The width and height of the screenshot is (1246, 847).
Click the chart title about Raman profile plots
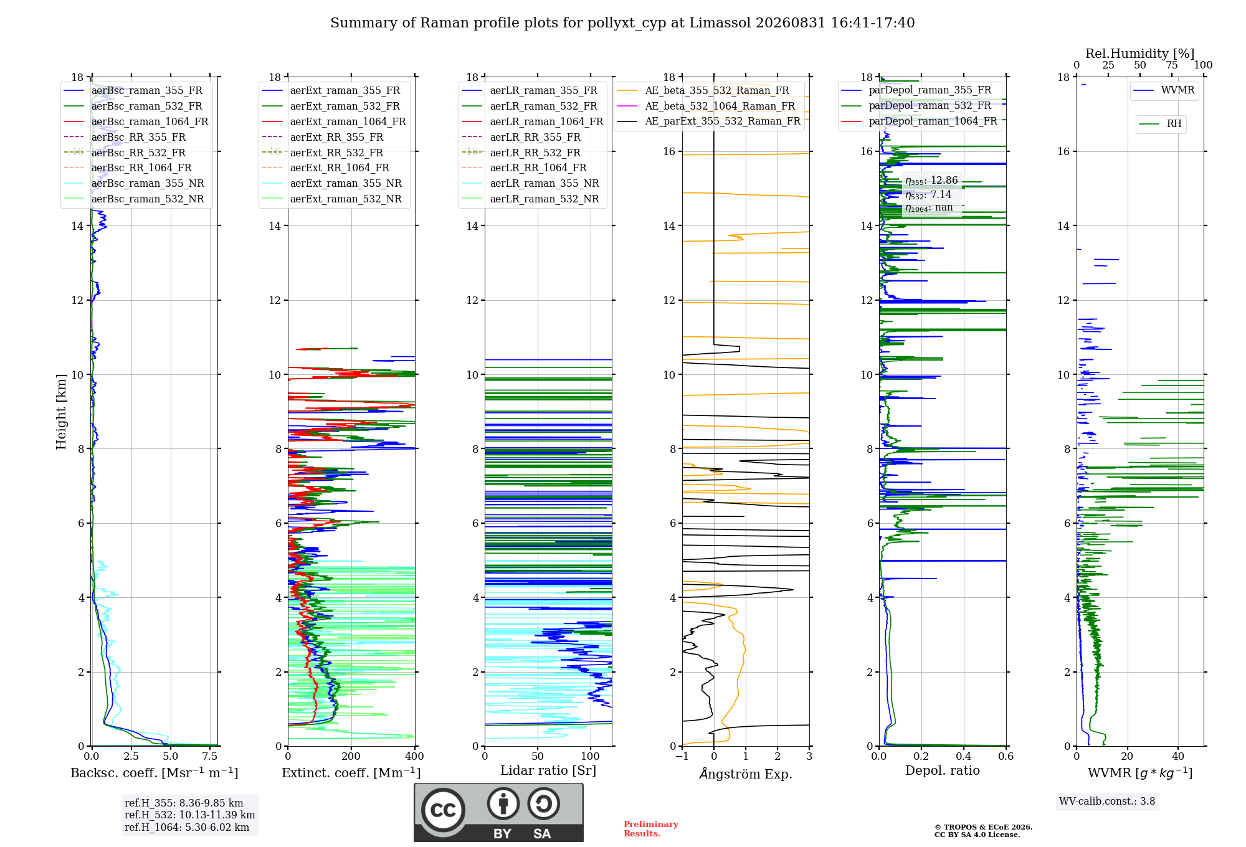622,23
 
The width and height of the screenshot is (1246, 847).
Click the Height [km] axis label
61,412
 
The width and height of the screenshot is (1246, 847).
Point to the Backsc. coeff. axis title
155,773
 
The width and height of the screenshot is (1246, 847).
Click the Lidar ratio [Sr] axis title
548,770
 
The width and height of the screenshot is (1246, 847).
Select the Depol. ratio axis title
943,770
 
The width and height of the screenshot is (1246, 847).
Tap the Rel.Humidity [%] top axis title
1140,54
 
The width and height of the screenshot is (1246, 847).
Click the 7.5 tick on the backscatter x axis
210,756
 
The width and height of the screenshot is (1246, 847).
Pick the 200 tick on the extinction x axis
351,756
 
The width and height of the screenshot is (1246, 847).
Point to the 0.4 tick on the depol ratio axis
964,756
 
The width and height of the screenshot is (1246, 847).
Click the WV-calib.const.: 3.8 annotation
1107,802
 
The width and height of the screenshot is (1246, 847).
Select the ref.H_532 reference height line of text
189,815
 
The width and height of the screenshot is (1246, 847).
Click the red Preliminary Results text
651,829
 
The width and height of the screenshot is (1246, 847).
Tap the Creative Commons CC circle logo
443,810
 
